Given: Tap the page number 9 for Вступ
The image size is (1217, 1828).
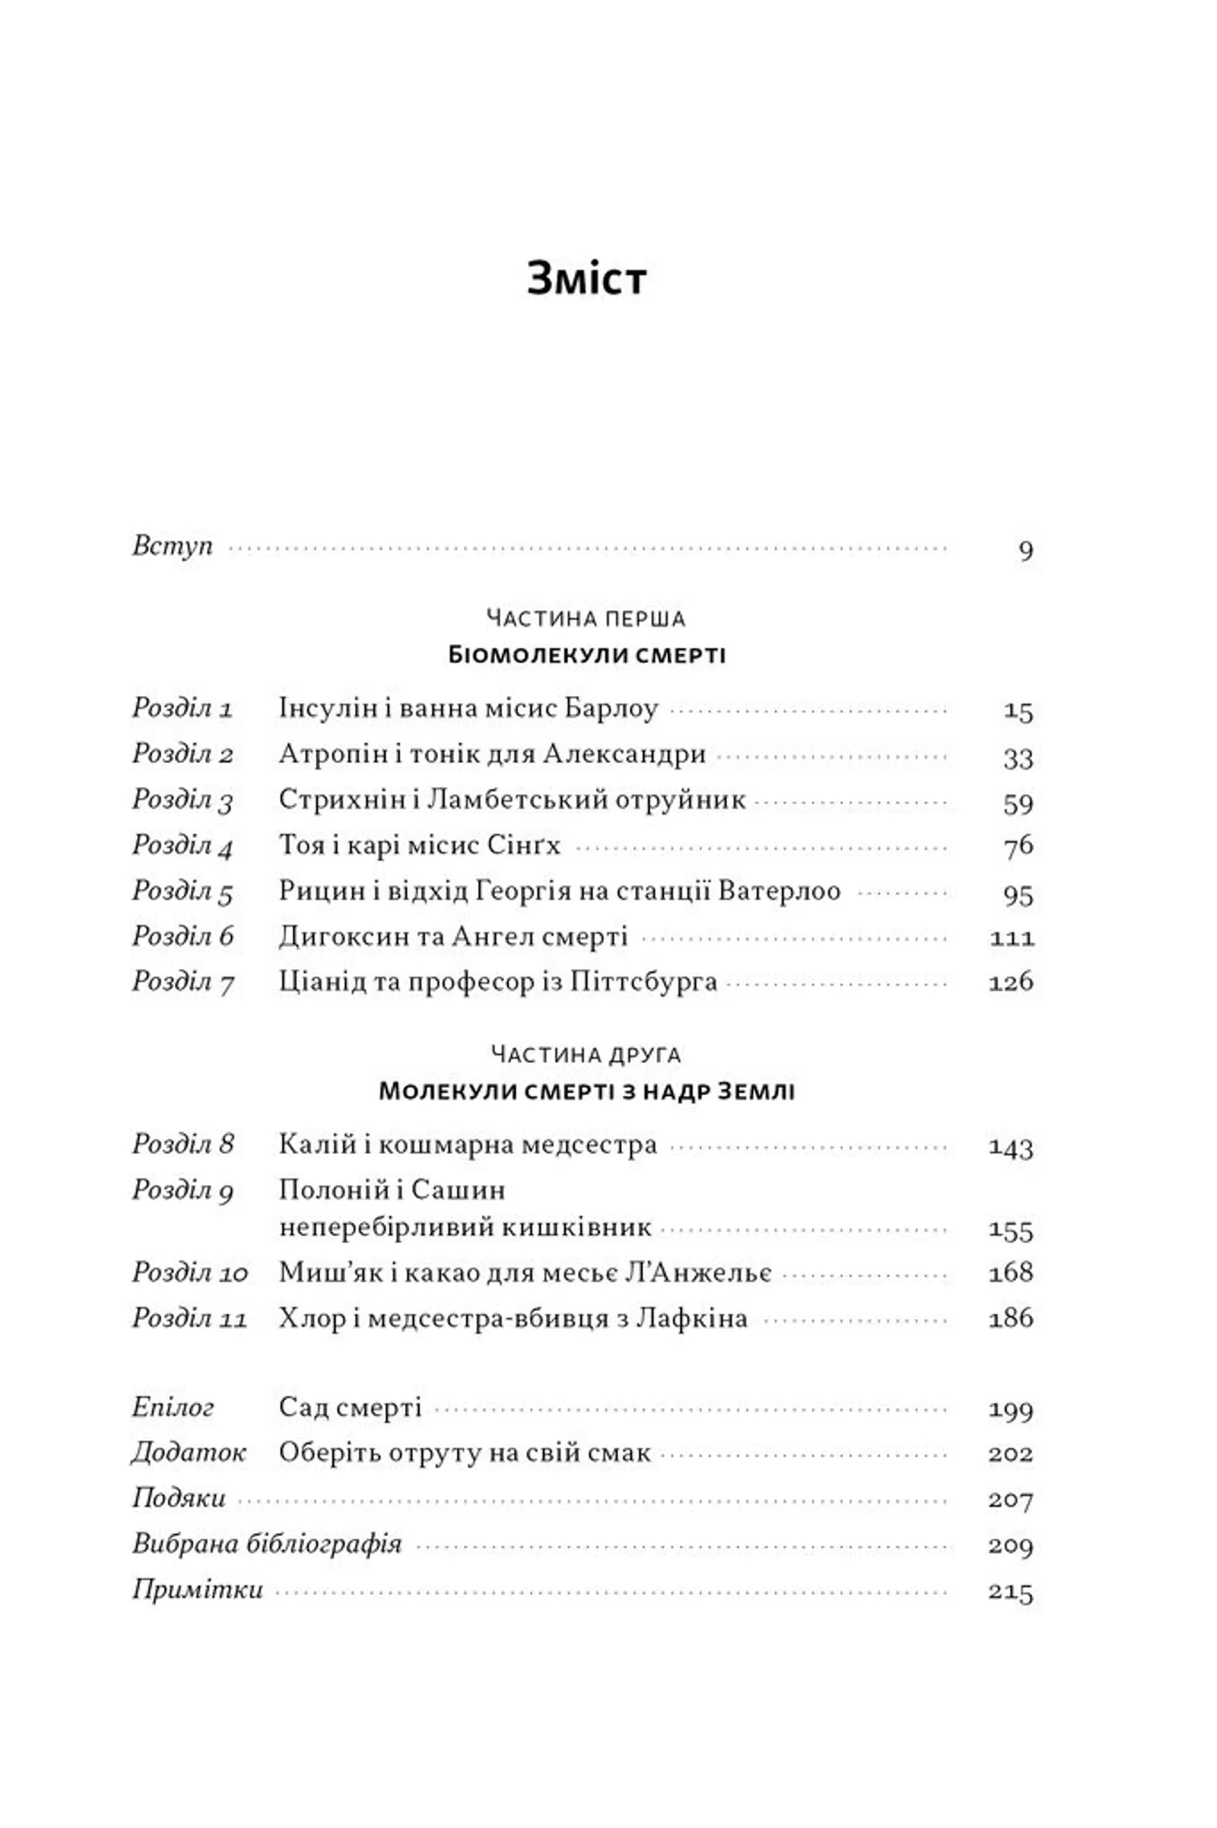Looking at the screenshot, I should click(1026, 550).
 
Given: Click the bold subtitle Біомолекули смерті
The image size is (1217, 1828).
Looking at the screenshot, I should click(587, 655).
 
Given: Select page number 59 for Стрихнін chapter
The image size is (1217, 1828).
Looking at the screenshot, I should click(1017, 803).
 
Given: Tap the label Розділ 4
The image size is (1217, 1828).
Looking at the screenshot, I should click(183, 845).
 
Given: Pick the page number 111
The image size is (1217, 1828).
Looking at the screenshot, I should click(1012, 938).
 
